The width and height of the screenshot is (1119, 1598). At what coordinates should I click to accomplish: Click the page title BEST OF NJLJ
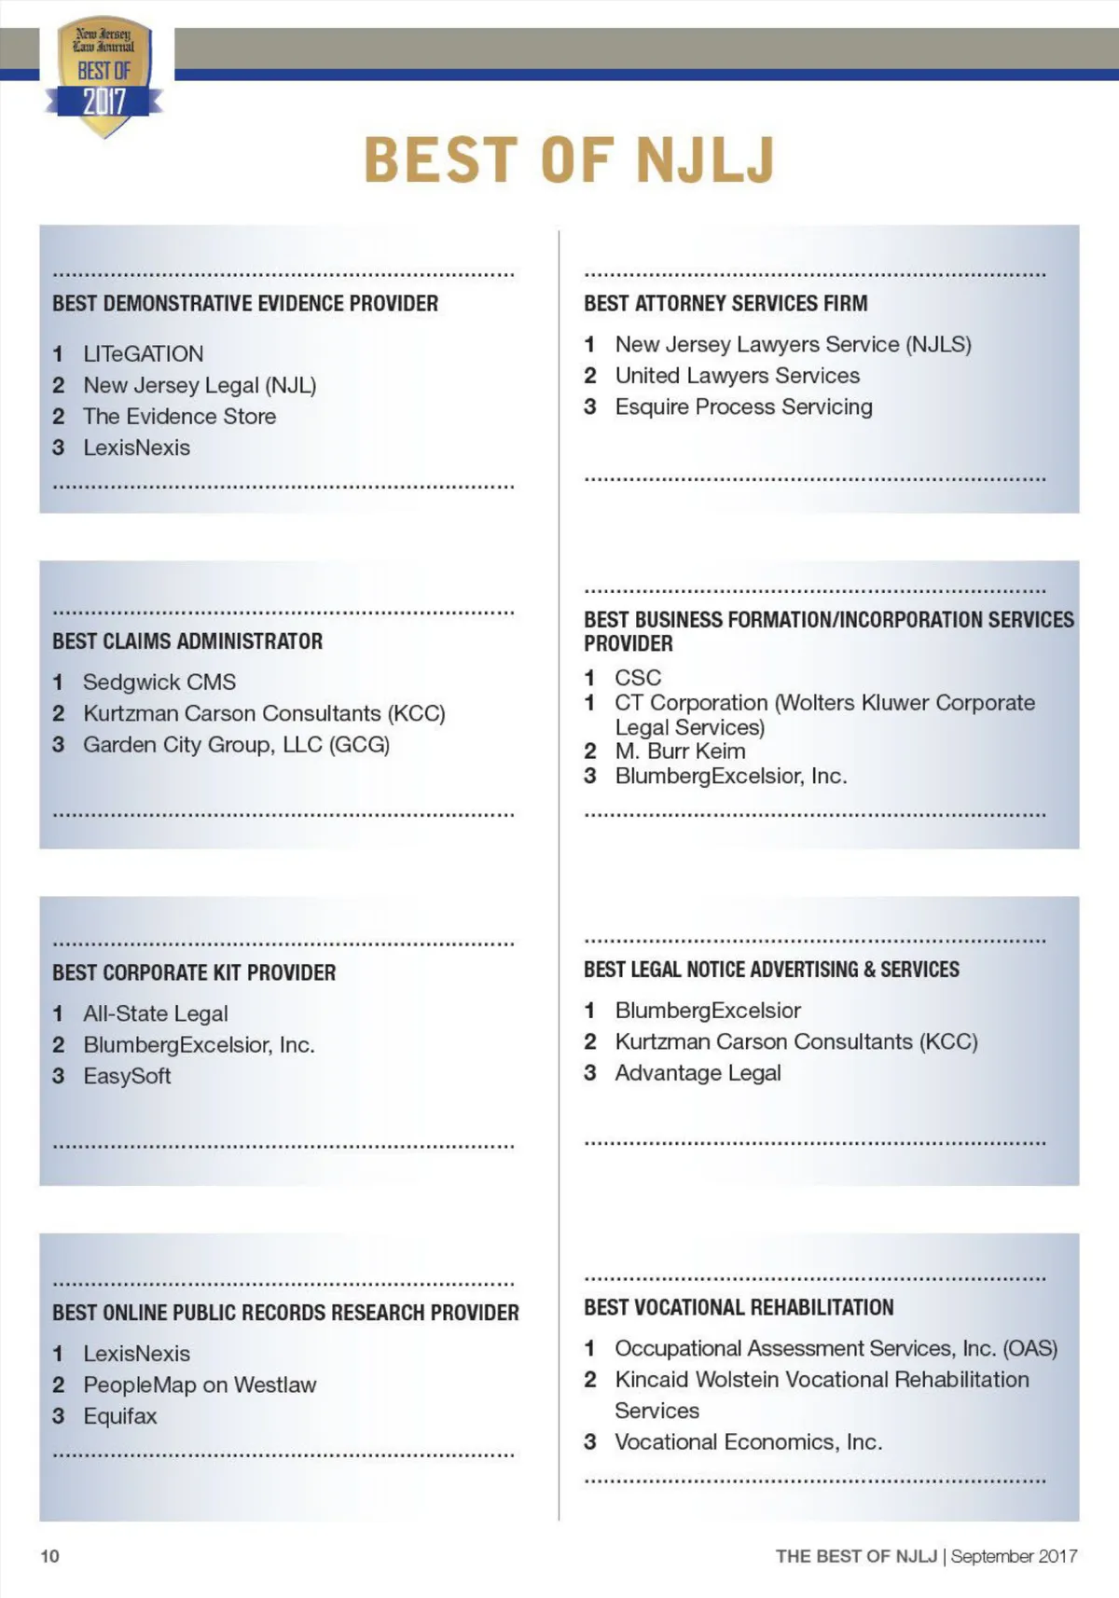(x=569, y=159)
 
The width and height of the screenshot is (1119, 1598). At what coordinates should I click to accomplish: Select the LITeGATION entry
(x=143, y=354)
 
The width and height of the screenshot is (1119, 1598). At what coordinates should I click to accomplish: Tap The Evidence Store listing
(x=179, y=417)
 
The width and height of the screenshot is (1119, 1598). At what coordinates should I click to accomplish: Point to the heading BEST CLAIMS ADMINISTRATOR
(x=187, y=641)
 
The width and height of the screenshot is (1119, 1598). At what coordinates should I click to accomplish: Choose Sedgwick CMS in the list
(x=159, y=682)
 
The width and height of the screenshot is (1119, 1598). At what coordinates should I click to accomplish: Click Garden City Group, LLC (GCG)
(x=236, y=745)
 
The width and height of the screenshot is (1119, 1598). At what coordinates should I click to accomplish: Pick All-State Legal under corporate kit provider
(x=155, y=1013)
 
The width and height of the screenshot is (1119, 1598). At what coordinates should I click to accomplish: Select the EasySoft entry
(x=127, y=1076)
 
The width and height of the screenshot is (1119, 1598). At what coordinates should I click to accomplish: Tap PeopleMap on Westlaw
(x=200, y=1385)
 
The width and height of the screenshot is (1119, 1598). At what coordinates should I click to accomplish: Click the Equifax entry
(x=120, y=1416)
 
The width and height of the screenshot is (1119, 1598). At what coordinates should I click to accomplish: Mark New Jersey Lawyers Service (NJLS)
(x=793, y=345)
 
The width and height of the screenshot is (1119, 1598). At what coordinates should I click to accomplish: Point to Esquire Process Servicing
(x=743, y=407)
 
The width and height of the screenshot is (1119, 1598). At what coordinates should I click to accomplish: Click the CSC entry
(x=638, y=678)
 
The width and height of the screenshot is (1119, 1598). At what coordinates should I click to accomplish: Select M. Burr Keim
(x=680, y=751)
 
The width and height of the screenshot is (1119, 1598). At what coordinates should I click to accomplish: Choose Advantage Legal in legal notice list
(x=698, y=1073)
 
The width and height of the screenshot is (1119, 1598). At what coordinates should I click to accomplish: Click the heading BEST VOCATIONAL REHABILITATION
(x=739, y=1307)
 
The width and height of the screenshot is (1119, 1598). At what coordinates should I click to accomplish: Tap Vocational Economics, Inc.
(x=748, y=1442)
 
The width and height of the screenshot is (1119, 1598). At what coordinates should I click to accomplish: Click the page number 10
(x=49, y=1556)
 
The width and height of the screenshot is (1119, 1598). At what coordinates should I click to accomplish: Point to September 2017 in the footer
(x=1014, y=1556)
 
